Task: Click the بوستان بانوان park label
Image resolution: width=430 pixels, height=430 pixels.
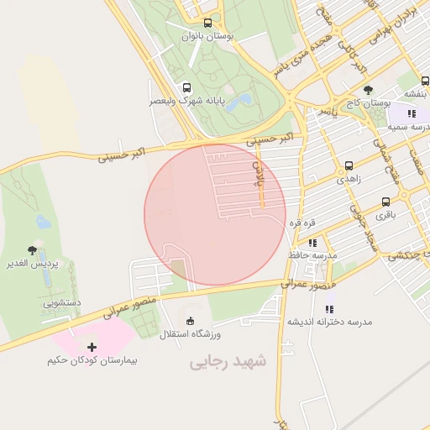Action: (207, 36)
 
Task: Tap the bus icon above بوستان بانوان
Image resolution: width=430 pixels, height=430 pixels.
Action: (207, 23)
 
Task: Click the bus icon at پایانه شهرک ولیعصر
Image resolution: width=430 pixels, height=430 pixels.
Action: (185, 87)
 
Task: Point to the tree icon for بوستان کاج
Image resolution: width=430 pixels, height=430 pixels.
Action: (368, 89)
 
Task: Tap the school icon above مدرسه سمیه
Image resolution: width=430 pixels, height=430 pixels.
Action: (411, 113)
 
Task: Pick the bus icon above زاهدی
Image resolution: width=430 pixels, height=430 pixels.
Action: (349, 165)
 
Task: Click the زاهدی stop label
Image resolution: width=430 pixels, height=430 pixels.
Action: (349, 179)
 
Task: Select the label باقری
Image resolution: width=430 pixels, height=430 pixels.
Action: (385, 215)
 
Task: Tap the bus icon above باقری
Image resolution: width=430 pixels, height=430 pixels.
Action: (385, 202)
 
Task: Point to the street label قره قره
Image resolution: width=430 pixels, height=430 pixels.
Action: (302, 223)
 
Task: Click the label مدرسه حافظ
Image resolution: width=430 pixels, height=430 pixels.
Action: (312, 254)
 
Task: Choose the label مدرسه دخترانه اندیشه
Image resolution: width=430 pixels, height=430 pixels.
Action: (329, 322)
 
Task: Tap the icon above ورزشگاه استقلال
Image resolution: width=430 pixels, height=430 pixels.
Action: (190, 321)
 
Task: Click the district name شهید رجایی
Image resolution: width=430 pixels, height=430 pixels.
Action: (227, 362)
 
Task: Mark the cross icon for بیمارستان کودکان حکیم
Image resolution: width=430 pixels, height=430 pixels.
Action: (92, 347)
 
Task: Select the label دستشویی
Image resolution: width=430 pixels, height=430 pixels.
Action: (62, 301)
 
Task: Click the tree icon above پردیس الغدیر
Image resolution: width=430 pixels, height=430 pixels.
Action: (32, 250)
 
